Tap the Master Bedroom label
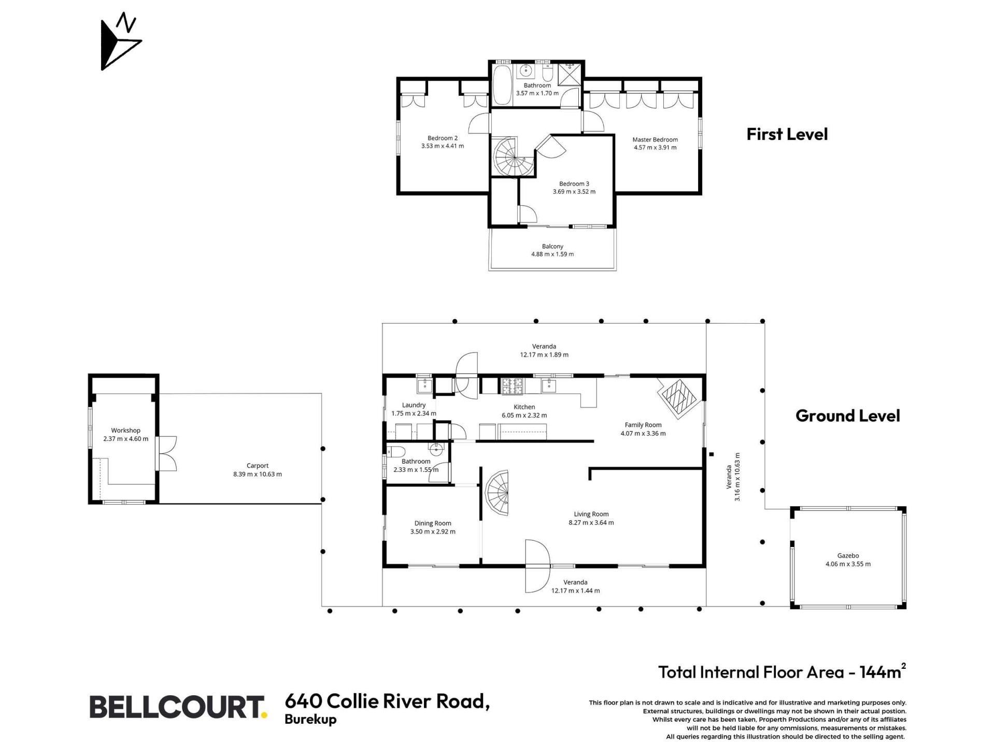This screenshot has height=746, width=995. [x=655, y=139]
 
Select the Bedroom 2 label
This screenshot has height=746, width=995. [x=443, y=138]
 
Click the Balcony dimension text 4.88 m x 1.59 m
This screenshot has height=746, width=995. [x=552, y=254]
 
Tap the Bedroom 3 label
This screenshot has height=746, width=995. [x=574, y=183]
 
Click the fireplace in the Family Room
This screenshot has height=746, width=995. [x=677, y=398]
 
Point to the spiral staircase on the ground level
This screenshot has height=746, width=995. [x=496, y=492]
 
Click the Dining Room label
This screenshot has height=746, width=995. [x=433, y=523]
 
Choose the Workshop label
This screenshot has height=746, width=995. [x=125, y=431]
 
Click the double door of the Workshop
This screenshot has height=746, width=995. [x=167, y=453]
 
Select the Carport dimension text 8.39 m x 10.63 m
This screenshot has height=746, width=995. [x=258, y=474]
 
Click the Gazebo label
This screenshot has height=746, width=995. [x=848, y=556]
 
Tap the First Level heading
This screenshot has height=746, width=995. [x=787, y=134]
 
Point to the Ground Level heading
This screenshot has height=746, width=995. [x=848, y=415]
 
